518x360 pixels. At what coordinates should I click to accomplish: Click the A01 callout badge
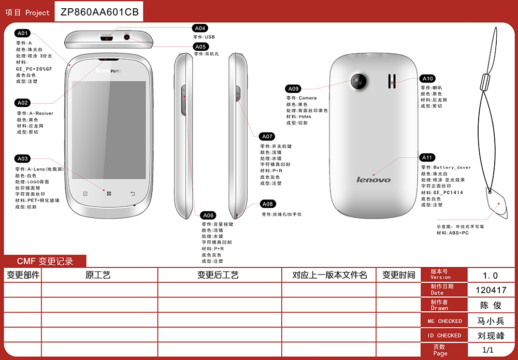pyautogui.click(x=23, y=33)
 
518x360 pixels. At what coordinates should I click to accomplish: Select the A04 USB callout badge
pyautogui.click(x=200, y=28)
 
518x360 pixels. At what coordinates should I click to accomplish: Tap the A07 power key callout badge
pyautogui.click(x=267, y=137)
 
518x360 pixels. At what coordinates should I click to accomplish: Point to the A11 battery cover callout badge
pyautogui.click(x=427, y=157)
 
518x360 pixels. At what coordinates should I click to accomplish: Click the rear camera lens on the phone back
pyautogui.click(x=357, y=80)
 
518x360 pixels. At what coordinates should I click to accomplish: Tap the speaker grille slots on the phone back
pyautogui.click(x=392, y=80)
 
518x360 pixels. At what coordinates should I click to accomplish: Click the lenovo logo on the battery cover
pyautogui.click(x=373, y=180)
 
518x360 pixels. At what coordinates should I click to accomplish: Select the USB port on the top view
pyautogui.click(x=107, y=38)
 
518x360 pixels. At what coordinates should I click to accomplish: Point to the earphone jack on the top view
pyautogui.click(x=127, y=37)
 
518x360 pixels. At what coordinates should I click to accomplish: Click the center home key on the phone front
pyautogui.click(x=109, y=194)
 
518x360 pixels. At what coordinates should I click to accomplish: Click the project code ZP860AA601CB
pyautogui.click(x=99, y=12)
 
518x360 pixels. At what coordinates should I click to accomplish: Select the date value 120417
pyautogui.click(x=491, y=290)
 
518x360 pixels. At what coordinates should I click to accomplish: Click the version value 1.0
pyautogui.click(x=491, y=276)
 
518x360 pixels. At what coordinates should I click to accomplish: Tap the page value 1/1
pyautogui.click(x=488, y=350)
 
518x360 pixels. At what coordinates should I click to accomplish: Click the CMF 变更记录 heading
pyautogui.click(x=45, y=262)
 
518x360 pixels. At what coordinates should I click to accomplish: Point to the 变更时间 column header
pyautogui.click(x=398, y=275)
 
